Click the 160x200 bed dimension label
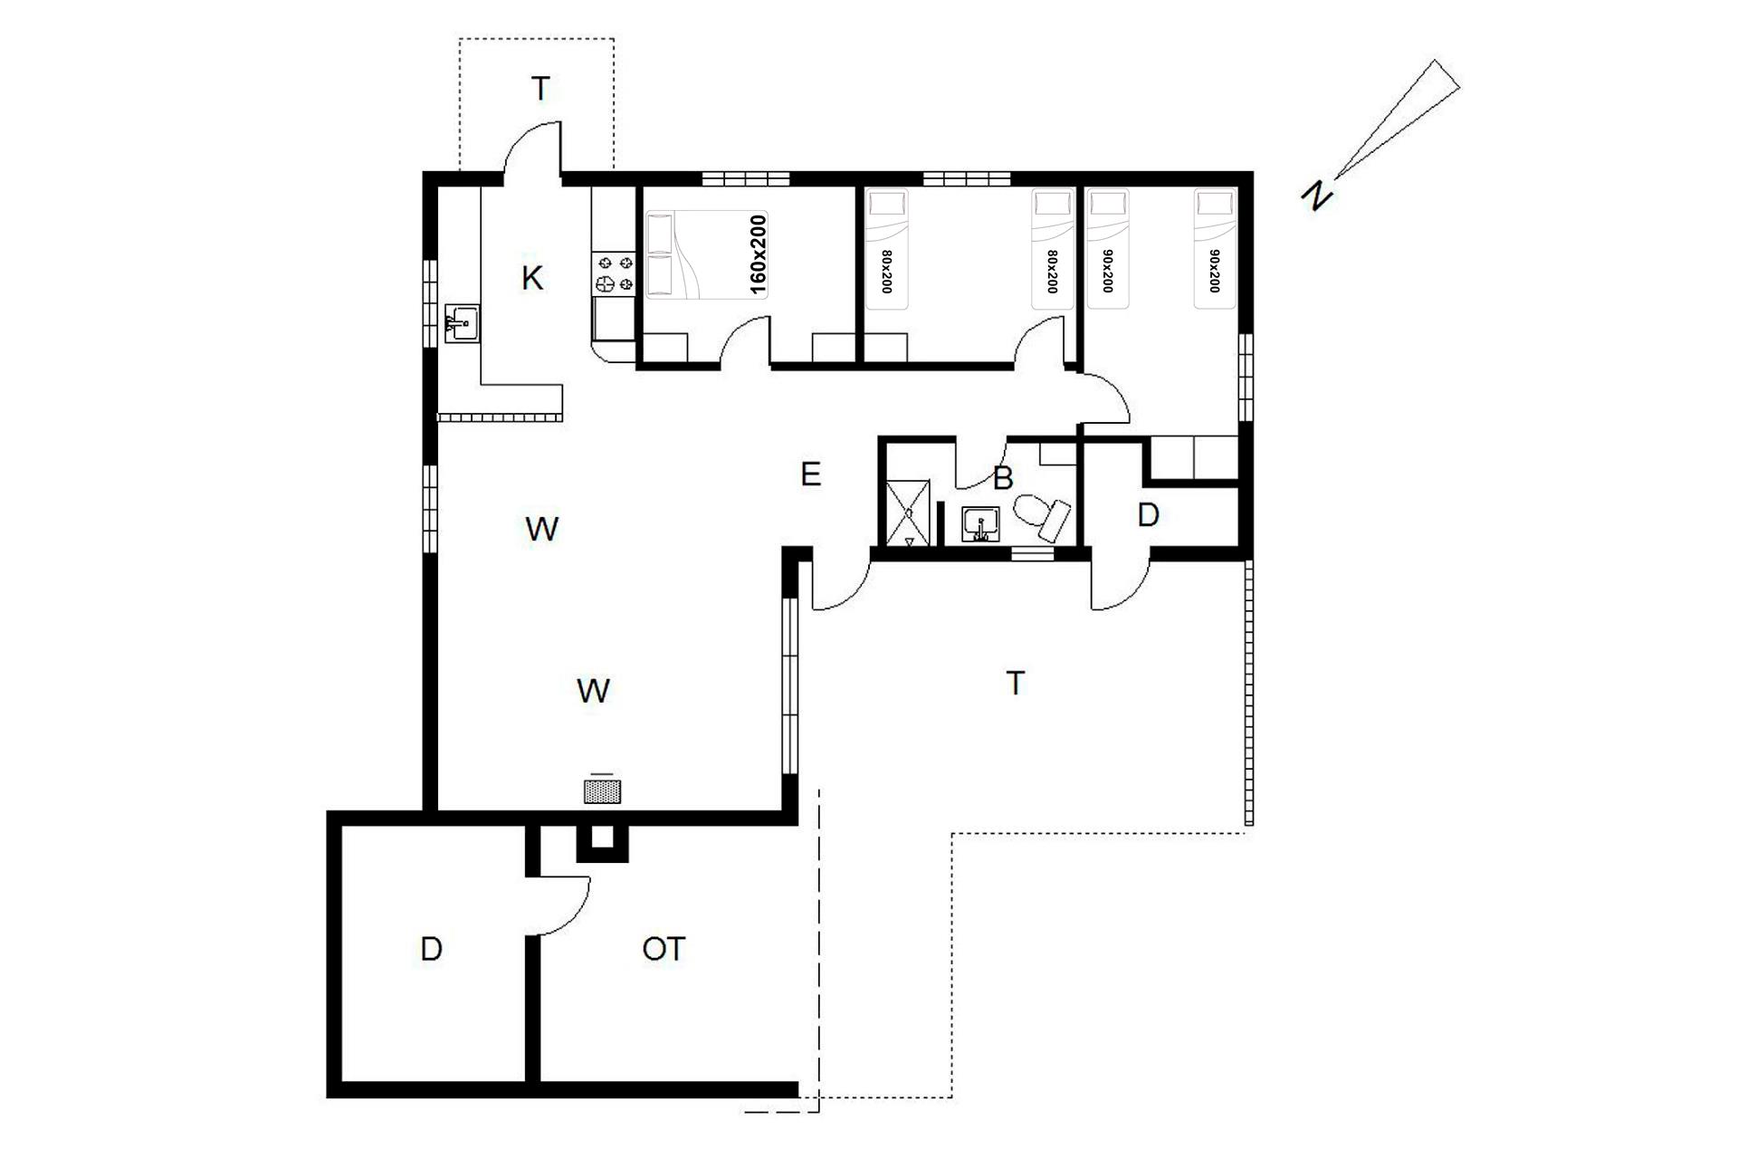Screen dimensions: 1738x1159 pyautogui.click(x=759, y=255)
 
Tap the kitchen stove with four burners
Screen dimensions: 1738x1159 pyautogui.click(x=616, y=274)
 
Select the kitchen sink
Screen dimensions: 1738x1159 pyautogui.click(x=462, y=323)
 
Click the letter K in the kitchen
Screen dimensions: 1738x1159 pyautogui.click(x=532, y=279)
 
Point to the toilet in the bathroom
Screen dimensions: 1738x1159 pyautogui.click(x=1042, y=516)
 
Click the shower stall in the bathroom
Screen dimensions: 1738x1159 pyautogui.click(x=910, y=513)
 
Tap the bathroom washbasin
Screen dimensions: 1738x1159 pyautogui.click(x=980, y=524)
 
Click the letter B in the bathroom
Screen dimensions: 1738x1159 pyautogui.click(x=1002, y=478)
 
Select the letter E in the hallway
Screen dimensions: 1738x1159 pyautogui.click(x=810, y=474)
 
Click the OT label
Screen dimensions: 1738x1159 pyautogui.click(x=664, y=949)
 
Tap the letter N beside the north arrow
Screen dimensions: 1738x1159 pyautogui.click(x=1318, y=195)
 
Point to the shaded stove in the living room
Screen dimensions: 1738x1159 pyautogui.click(x=602, y=792)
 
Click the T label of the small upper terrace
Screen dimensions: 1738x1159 pyautogui.click(x=540, y=90)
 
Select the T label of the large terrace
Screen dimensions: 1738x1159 pyautogui.click(x=1016, y=684)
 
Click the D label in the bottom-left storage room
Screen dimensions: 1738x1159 pyautogui.click(x=432, y=949)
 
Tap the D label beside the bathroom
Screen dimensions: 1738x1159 pyautogui.click(x=1148, y=515)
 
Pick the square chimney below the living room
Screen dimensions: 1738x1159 pyautogui.click(x=602, y=842)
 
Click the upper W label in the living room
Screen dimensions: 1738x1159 pyautogui.click(x=541, y=529)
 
